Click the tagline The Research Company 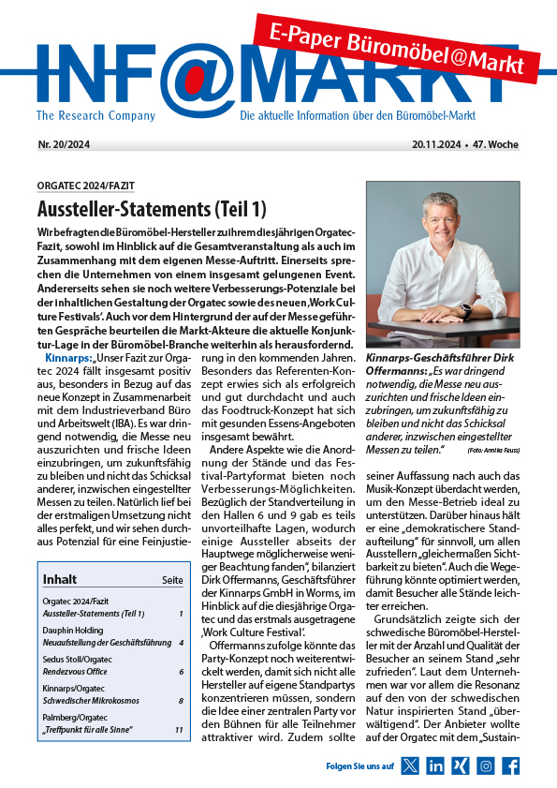click(95, 116)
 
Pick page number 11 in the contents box click(178, 729)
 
